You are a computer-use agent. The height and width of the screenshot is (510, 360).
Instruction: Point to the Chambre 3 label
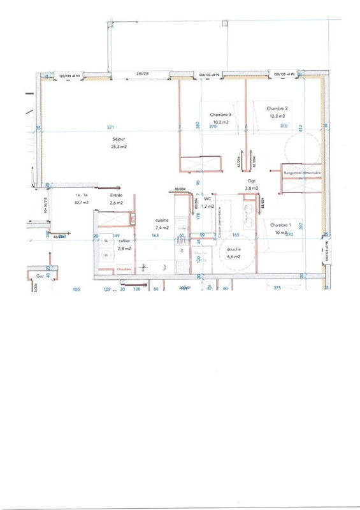220,115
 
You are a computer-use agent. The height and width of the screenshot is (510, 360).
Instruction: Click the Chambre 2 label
277,108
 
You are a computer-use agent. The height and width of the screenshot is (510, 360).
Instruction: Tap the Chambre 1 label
281,225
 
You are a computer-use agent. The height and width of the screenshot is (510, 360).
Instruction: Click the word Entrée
117,195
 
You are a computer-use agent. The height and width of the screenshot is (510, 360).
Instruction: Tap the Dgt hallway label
252,180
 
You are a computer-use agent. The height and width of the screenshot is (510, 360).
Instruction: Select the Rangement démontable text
303,173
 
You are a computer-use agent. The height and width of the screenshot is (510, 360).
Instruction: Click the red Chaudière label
124,270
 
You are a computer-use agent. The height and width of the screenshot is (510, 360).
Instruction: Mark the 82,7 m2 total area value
81,202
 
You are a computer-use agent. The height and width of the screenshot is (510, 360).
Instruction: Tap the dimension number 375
277,288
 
